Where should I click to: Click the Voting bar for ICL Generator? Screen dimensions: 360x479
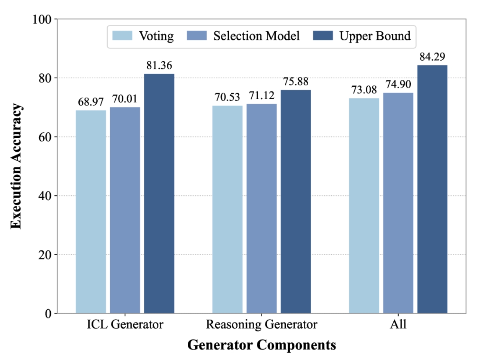(x=91, y=212)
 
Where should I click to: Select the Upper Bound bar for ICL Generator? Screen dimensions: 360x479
(x=159, y=194)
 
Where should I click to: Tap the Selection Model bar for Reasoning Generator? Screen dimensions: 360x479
(x=262, y=209)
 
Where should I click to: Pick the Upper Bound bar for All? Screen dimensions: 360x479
(x=432, y=189)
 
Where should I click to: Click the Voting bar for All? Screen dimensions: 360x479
(x=364, y=206)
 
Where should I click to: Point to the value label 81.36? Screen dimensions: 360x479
(x=159, y=65)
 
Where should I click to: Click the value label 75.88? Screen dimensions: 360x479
(x=296, y=82)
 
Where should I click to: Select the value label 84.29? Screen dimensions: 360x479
(x=432, y=57)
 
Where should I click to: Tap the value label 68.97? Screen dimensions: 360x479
(x=91, y=102)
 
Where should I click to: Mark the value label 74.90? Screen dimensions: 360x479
(x=398, y=84)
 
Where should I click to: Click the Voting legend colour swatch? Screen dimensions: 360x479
(x=122, y=36)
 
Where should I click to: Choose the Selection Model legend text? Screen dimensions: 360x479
(x=256, y=36)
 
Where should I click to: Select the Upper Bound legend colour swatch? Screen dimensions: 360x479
(x=323, y=36)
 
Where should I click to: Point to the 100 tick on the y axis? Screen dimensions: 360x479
(x=42, y=19)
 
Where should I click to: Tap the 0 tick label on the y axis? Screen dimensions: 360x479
(x=48, y=314)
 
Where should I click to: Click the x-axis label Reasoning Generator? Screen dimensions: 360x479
(x=262, y=324)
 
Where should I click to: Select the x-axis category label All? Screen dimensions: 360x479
(x=398, y=324)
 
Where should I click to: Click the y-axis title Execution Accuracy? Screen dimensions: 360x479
(x=16, y=166)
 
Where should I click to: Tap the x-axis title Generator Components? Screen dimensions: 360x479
(x=262, y=345)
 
